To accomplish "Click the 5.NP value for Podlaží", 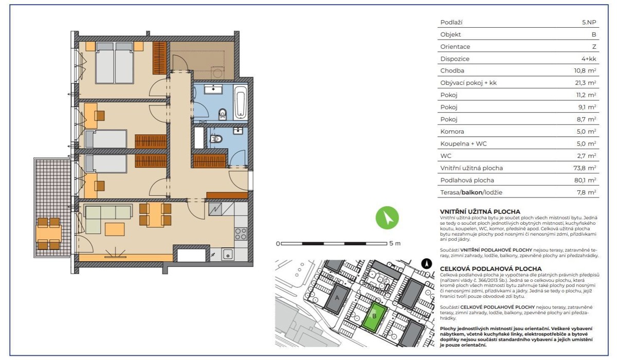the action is [x=589, y=22].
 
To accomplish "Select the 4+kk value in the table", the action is [x=589, y=59].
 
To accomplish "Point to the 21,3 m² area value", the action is [x=586, y=83].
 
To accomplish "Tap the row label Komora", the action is [x=452, y=131].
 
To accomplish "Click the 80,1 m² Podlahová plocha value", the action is [x=586, y=180].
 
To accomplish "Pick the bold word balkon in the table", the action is [x=472, y=192].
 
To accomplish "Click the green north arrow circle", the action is [x=387, y=218].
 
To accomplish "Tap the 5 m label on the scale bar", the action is [x=395, y=243].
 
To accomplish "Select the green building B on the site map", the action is [x=374, y=316].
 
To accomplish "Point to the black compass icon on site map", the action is [x=427, y=264].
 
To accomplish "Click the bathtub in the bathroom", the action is [x=241, y=102].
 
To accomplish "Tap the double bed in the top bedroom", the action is [x=115, y=63].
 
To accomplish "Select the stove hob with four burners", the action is [x=241, y=233].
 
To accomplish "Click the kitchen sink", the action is [x=227, y=254].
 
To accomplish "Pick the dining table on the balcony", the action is [x=49, y=233].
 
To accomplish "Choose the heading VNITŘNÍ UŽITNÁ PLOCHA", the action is [x=480, y=212].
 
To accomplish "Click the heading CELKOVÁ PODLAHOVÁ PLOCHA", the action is [x=491, y=269].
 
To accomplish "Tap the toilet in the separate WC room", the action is [x=216, y=138].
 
